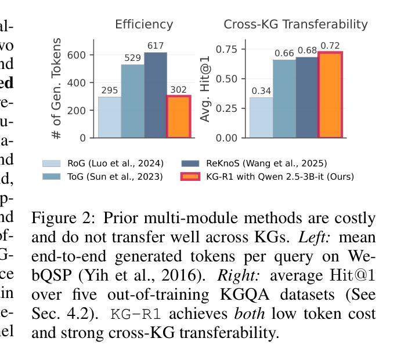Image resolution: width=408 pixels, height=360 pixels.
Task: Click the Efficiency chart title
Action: [143, 24]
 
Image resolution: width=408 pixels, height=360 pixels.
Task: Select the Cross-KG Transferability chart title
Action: [295, 24]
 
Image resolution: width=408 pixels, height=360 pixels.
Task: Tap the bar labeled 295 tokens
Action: [110, 117]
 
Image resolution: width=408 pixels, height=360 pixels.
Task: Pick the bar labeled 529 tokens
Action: [132, 101]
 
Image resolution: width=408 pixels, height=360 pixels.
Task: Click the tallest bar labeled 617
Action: [156, 95]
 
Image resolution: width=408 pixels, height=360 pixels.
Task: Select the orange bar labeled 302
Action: [179, 117]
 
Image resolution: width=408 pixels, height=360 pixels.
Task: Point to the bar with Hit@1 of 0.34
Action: [261, 118]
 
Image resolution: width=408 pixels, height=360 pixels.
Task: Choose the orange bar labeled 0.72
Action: [330, 95]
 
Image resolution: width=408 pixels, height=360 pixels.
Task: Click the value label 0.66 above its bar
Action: [284, 53]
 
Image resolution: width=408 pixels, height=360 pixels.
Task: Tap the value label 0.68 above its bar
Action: [307, 50]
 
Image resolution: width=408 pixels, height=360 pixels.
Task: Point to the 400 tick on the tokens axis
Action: [78, 83]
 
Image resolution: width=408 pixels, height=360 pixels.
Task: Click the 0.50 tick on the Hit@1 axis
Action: [226, 79]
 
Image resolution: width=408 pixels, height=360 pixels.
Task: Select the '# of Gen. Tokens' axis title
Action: [57, 88]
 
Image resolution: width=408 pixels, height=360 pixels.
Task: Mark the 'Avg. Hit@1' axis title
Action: [205, 88]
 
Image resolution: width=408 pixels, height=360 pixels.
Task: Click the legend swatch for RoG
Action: [51, 164]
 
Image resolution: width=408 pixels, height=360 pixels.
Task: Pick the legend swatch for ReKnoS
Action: [190, 164]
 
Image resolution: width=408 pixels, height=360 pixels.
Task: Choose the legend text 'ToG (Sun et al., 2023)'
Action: [115, 176]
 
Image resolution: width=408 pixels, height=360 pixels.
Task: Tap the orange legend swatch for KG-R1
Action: [190, 176]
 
